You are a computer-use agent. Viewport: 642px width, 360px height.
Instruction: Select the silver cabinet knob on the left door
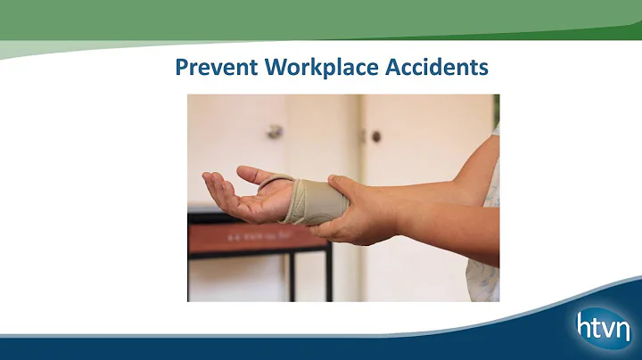275,131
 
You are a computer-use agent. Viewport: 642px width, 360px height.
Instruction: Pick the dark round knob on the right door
375,136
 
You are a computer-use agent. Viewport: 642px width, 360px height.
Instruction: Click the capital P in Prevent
181,68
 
